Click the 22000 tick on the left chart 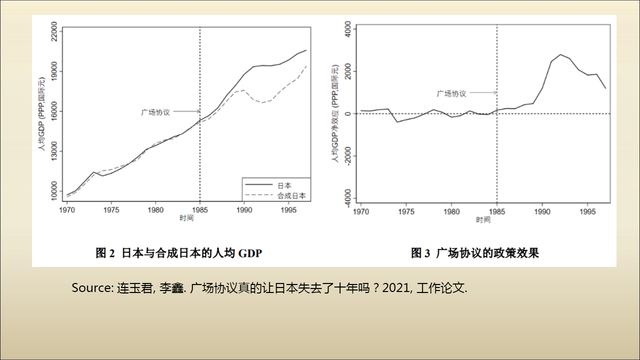point(53,31)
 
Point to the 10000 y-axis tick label point(53,192)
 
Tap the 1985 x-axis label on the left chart point(199,210)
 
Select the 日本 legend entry point(285,185)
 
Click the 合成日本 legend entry point(291,196)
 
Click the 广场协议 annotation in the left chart point(155,112)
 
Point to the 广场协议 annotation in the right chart point(451,93)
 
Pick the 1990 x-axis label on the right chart point(542,212)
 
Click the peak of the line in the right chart point(560,54)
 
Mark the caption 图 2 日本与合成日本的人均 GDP point(178,253)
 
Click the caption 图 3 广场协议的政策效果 point(475,253)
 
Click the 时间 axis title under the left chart point(186,218)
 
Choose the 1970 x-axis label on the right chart point(361,212)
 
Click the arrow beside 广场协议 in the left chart point(186,112)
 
